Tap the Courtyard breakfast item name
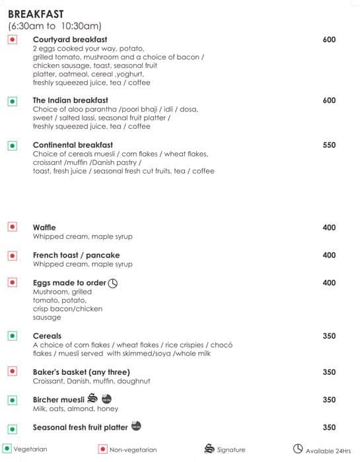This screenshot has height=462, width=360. [69, 40]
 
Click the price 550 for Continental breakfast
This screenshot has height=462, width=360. [329, 145]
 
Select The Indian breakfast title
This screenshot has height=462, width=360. [69, 100]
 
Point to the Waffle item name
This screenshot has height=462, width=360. [44, 228]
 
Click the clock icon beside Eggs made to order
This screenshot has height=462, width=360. [112, 283]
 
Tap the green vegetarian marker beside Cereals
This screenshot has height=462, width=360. [12, 336]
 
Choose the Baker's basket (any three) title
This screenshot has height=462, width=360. [81, 372]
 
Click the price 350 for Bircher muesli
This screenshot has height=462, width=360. [329, 400]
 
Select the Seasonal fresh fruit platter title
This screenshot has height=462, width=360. [81, 427]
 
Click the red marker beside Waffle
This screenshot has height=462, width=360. [12, 227]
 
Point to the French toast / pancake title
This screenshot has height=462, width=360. [76, 255]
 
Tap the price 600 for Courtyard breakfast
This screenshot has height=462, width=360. [329, 40]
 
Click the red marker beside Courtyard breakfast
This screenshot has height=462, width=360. [12, 40]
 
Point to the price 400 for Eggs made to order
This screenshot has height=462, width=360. [329, 283]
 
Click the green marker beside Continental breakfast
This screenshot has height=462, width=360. [12, 145]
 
